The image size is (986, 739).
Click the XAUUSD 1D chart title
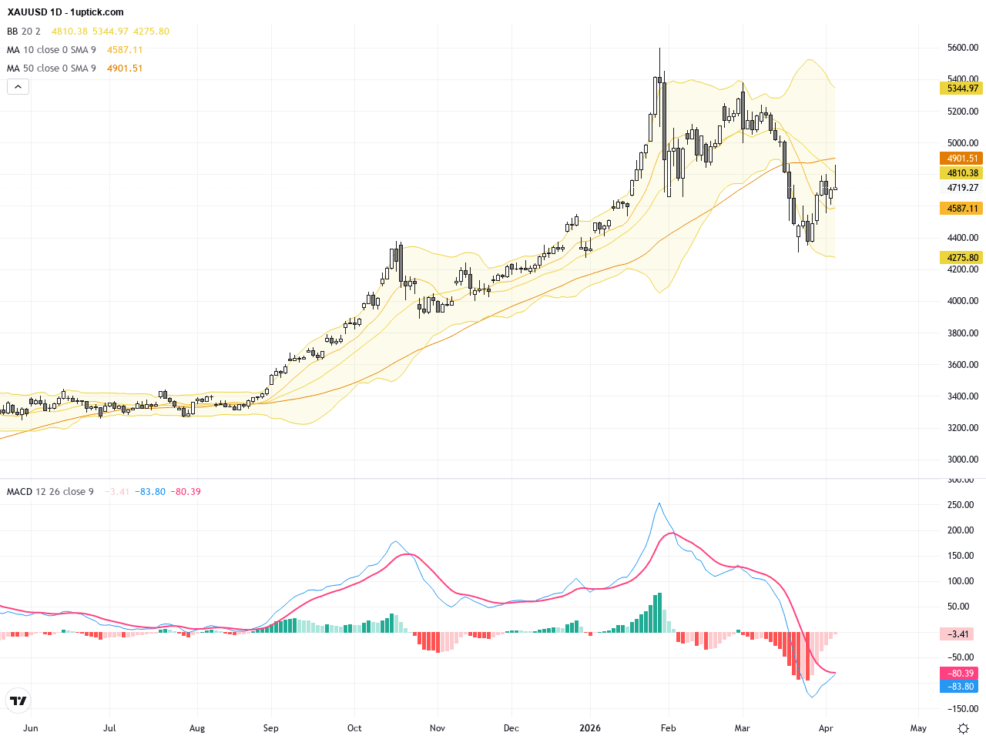click(x=65, y=12)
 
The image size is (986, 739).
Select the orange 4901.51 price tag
click(x=961, y=159)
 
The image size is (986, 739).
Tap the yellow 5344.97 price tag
click(x=961, y=89)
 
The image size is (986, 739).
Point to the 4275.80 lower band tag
click(x=961, y=258)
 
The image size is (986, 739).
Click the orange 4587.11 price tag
click(x=961, y=209)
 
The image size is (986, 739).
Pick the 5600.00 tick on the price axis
click(x=962, y=48)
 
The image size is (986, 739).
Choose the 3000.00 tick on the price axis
click(x=962, y=460)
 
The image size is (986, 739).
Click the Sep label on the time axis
click(x=270, y=727)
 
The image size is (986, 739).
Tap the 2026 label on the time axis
click(x=590, y=727)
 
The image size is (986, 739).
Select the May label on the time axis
click(x=918, y=727)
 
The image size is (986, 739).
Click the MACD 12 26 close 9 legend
click(x=50, y=492)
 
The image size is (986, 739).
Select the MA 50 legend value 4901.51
click(x=125, y=69)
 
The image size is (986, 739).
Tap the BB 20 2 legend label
click(x=24, y=32)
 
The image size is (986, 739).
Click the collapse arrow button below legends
click(x=18, y=87)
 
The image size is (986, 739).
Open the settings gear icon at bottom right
click(x=963, y=728)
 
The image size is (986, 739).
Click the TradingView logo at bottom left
click(x=18, y=701)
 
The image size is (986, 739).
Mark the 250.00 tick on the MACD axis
click(x=962, y=505)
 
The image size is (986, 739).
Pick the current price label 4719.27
click(x=962, y=188)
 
